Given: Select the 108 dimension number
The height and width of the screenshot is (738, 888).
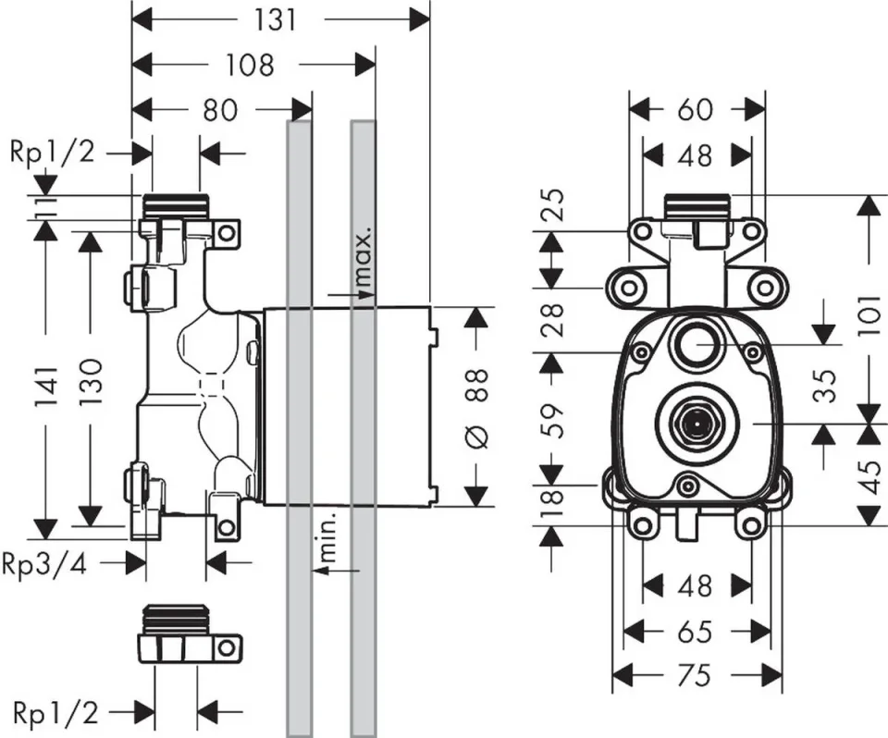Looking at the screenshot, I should point(251,65).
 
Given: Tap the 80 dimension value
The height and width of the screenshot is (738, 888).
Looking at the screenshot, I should point(220,111).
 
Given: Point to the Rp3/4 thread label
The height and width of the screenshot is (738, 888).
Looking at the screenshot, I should point(44,562).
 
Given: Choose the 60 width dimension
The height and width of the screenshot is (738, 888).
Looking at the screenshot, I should point(696,109).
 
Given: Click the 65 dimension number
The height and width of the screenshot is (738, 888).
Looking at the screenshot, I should point(696,632).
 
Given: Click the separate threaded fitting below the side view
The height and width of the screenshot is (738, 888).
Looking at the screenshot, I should point(190,635).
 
